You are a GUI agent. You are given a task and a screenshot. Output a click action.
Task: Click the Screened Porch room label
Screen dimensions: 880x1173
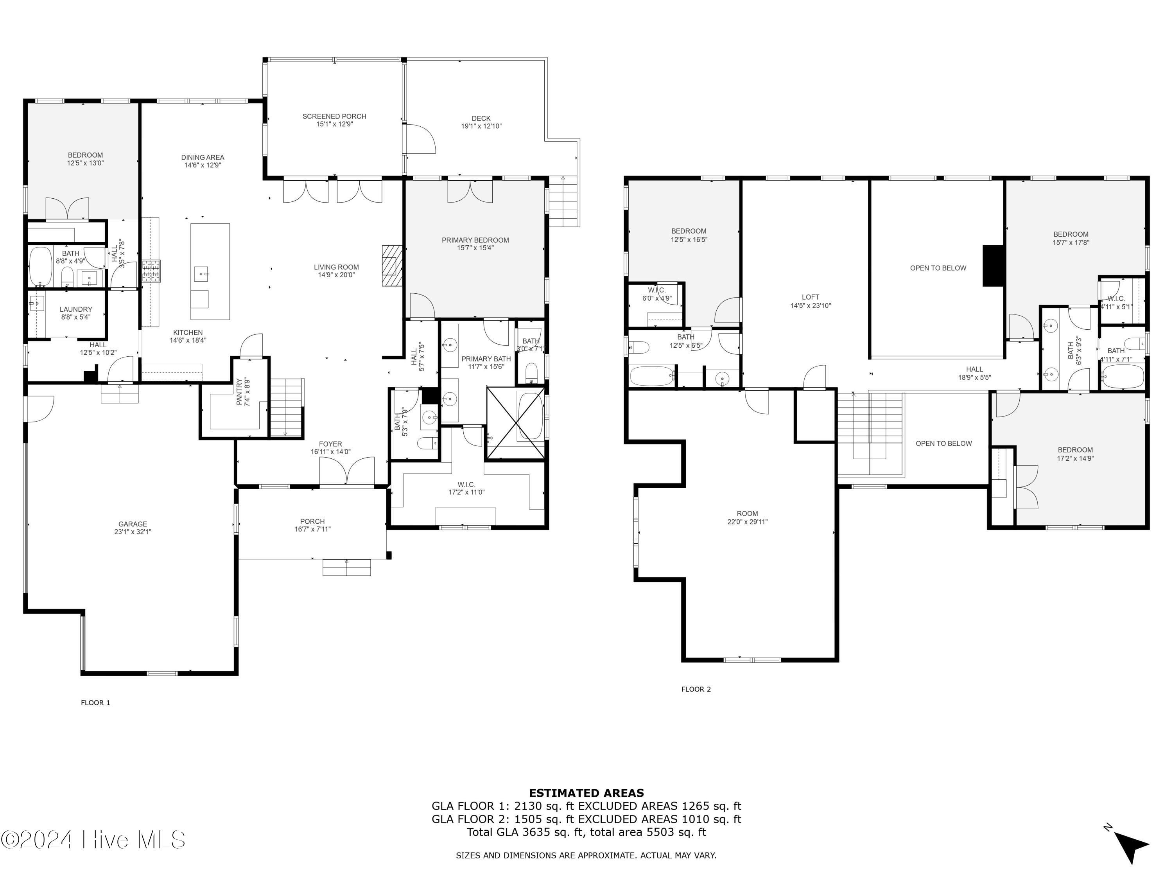(x=334, y=117)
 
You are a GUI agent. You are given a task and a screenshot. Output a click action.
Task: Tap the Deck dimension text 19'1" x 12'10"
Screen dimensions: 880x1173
(x=481, y=126)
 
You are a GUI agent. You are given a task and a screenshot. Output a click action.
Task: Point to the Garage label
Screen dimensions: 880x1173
(x=133, y=524)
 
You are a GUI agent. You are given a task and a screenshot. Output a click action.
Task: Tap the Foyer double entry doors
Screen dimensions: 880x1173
(x=346, y=472)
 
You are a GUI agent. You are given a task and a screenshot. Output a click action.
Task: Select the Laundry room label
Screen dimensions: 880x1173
(x=76, y=309)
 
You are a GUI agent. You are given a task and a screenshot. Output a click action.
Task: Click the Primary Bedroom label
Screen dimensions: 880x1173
(x=475, y=240)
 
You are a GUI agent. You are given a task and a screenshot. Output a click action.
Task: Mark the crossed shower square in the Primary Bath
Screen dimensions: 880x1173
(x=515, y=423)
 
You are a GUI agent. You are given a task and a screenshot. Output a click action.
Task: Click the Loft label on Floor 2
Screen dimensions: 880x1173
(x=810, y=298)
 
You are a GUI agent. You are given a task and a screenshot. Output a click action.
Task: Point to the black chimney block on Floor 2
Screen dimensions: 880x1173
(x=994, y=266)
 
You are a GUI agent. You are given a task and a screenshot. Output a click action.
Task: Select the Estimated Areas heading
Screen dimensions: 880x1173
(x=586, y=793)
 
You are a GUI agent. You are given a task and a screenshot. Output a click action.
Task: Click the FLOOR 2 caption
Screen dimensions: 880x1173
(x=696, y=689)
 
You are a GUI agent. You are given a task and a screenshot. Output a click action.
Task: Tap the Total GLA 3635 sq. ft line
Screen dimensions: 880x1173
(x=586, y=832)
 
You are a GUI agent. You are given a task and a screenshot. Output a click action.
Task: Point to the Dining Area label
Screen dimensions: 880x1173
(x=203, y=158)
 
